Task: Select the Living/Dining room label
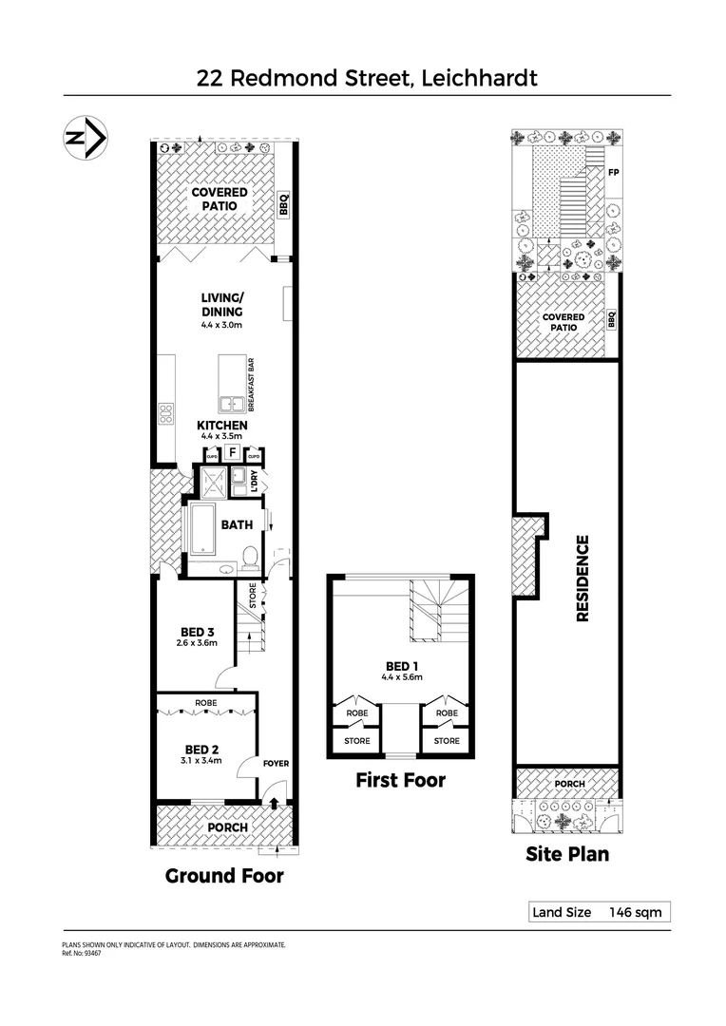[x=221, y=305]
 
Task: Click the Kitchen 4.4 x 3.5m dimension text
[x=222, y=437]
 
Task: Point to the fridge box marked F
[x=231, y=452]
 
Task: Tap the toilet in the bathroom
[x=250, y=556]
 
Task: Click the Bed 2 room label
[x=202, y=748]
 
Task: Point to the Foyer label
[x=276, y=763]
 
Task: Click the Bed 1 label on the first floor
[x=399, y=665]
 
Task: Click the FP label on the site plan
[x=614, y=173]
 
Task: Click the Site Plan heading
[x=567, y=853]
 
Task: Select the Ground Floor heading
[x=224, y=875]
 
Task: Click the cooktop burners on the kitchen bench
[x=165, y=413]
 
